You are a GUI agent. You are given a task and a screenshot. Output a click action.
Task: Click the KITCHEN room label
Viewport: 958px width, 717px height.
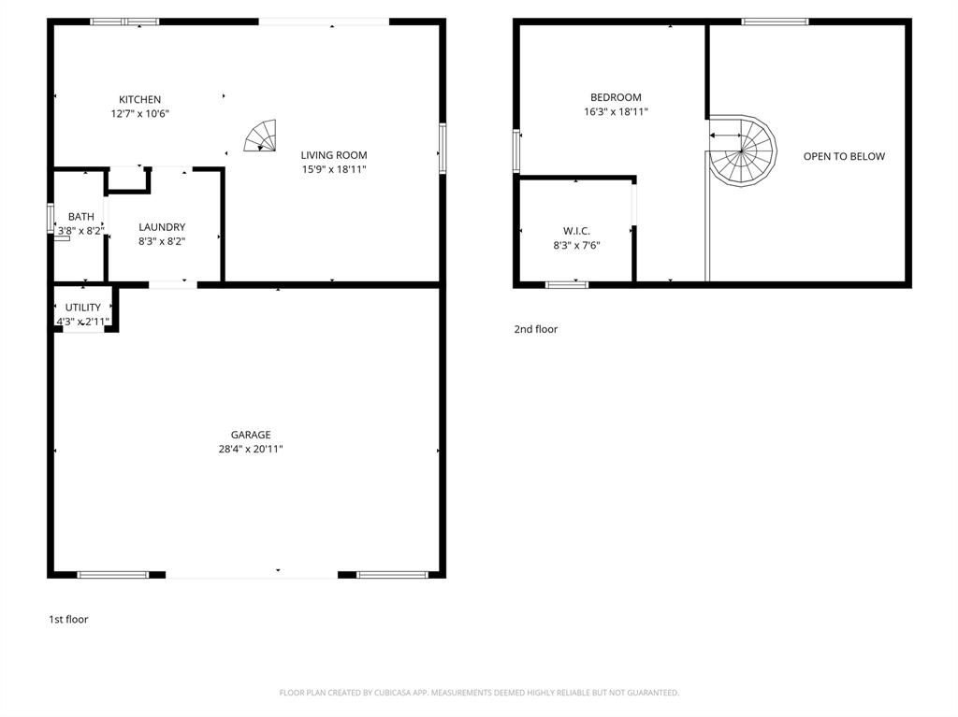(x=139, y=100)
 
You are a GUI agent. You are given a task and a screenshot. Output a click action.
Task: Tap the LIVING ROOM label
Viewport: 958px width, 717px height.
(x=333, y=155)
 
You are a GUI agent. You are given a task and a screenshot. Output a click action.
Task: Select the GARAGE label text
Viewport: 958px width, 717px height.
(x=251, y=435)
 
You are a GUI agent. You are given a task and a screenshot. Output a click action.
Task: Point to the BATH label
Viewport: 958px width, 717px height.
(x=80, y=217)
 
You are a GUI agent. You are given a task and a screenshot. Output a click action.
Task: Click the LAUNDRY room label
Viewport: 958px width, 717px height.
(x=162, y=227)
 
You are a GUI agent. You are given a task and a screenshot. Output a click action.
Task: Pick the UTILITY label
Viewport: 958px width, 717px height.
(x=82, y=308)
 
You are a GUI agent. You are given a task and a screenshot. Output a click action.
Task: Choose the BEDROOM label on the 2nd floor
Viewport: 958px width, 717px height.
(x=616, y=97)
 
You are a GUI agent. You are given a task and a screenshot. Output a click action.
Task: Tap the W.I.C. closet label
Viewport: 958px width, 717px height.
(x=576, y=231)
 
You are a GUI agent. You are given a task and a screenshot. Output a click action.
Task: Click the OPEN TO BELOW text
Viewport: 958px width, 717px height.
(x=844, y=156)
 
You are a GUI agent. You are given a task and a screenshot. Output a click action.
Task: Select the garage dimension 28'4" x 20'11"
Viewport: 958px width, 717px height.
(x=251, y=450)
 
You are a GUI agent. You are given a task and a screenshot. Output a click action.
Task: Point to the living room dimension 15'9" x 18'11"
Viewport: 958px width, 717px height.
(x=333, y=170)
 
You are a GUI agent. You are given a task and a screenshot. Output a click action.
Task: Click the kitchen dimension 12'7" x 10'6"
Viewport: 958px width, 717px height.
(x=139, y=114)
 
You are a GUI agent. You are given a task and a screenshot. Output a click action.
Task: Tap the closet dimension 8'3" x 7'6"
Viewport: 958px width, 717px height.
(x=576, y=246)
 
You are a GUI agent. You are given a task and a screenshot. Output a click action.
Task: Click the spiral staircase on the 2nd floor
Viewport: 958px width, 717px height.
(x=743, y=151)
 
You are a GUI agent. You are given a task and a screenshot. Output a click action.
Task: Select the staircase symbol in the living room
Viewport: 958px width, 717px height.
(x=262, y=136)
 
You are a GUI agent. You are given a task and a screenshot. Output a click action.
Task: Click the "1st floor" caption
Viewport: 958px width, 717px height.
(x=68, y=619)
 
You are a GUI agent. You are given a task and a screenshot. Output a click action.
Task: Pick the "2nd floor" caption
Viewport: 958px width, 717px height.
(x=535, y=329)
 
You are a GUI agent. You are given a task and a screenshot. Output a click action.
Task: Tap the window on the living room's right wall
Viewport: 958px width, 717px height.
(x=443, y=148)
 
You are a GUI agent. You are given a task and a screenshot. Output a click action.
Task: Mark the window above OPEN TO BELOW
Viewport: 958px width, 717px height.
(x=775, y=21)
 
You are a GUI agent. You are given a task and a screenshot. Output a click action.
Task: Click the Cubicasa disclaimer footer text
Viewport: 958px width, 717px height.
(x=479, y=693)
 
